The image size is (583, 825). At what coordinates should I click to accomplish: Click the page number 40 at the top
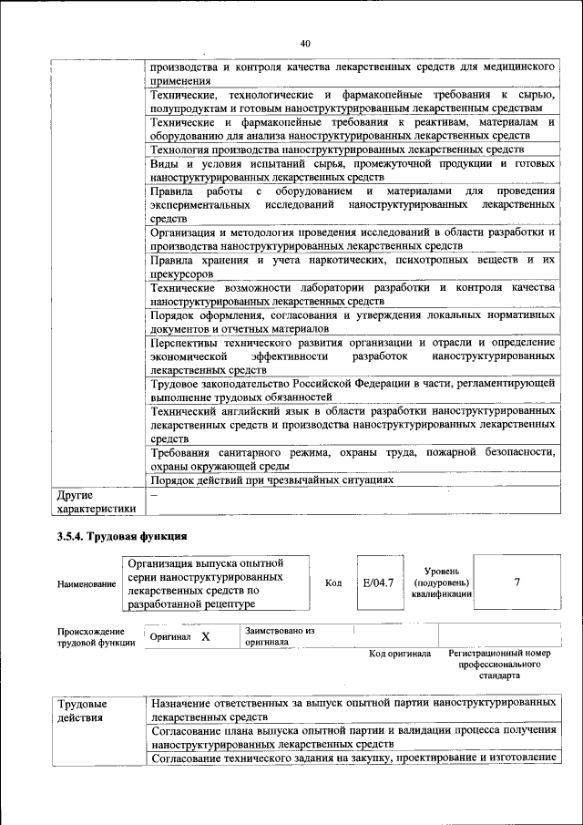[x=305, y=43]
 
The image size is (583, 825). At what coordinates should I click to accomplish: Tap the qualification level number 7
[x=517, y=583]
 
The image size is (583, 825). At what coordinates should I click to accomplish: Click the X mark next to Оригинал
[x=206, y=636]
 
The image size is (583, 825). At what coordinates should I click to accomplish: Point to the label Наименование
[x=87, y=583]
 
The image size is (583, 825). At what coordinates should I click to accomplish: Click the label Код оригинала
[x=399, y=654]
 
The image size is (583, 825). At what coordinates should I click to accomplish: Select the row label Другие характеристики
[x=96, y=502]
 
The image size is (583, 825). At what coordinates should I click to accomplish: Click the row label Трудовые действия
[x=82, y=711]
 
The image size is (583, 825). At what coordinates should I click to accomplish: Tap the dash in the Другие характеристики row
[x=154, y=495]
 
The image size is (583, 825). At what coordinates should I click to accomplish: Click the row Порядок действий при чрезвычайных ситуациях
[x=272, y=480]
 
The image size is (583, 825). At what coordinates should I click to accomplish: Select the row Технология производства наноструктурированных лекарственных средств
[x=337, y=149]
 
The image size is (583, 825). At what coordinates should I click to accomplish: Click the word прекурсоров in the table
[x=182, y=273]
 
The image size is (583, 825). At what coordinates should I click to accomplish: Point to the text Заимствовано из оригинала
[x=280, y=635]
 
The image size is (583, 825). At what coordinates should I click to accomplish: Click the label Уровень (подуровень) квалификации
[x=441, y=582]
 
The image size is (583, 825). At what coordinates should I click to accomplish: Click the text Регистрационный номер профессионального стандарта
[x=500, y=665]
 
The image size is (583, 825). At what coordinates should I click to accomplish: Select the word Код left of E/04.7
[x=333, y=583]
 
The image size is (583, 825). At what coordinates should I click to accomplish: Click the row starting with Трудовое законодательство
[x=353, y=390]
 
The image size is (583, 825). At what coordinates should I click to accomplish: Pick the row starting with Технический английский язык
[x=353, y=425]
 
